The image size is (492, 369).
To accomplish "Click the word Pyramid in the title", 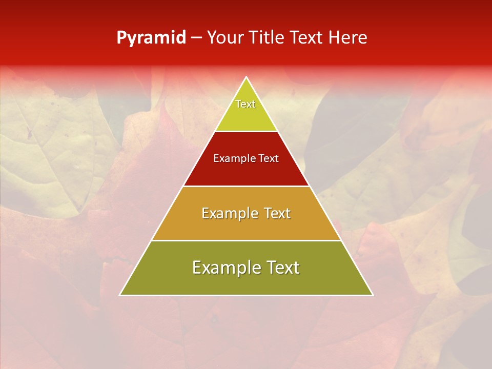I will tap(151, 38).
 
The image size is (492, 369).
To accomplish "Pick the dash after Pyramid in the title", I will tap(196, 38).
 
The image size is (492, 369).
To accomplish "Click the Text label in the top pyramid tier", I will tap(245, 104).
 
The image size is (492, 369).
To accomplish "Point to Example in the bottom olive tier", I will tap(225, 268).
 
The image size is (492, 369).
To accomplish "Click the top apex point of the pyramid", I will tap(246, 77).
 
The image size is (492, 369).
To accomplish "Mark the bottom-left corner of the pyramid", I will tap(120, 295).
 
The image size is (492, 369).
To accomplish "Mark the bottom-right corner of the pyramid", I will tap(372, 295).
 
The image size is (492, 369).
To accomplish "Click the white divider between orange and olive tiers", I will tap(246, 240).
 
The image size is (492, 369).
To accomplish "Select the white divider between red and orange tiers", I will tap(246, 186).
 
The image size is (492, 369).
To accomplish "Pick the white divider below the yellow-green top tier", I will tap(246, 132).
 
